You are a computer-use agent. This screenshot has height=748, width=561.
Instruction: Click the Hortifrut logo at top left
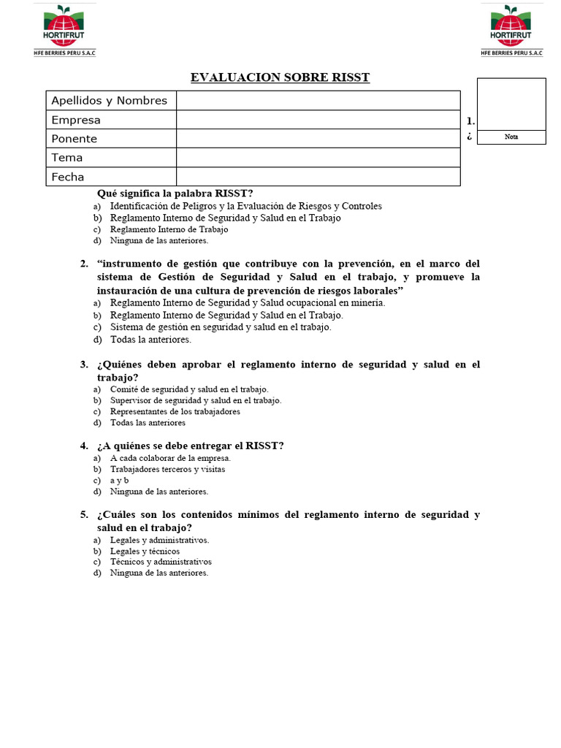[64, 30]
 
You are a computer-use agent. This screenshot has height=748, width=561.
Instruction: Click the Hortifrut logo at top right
[511, 30]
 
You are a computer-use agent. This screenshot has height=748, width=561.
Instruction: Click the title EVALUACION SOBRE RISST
[280, 77]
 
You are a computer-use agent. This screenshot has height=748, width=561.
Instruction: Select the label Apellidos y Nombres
[109, 101]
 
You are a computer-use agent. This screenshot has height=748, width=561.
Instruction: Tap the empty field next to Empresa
[318, 120]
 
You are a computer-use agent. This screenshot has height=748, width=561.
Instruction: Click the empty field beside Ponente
[318, 139]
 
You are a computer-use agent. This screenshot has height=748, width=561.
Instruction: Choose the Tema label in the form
[67, 158]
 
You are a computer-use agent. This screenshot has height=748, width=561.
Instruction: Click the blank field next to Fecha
[318, 177]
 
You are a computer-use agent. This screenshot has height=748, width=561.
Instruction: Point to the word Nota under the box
[511, 137]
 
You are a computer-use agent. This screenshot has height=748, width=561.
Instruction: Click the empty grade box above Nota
[511, 104]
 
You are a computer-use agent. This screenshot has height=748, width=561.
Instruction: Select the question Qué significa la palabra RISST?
[175, 194]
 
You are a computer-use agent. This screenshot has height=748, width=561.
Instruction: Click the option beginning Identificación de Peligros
[245, 207]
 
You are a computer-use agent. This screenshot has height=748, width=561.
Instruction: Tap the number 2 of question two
[84, 264]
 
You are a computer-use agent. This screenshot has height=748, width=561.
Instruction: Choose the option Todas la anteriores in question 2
[150, 340]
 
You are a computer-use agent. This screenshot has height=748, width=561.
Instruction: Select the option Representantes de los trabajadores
[175, 411]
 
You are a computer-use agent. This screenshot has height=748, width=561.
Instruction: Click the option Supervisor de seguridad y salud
[195, 400]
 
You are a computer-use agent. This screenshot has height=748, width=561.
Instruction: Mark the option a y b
[119, 481]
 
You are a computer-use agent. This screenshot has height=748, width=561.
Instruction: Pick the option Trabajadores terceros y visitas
[167, 470]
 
